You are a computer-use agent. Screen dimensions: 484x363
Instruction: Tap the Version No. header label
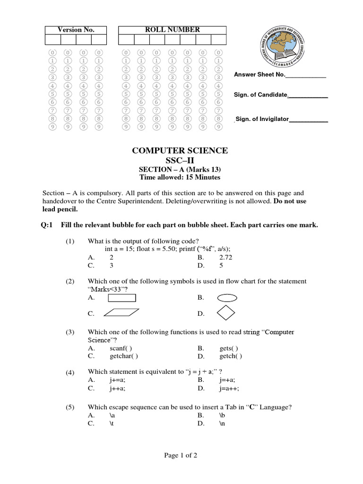[x=76, y=30]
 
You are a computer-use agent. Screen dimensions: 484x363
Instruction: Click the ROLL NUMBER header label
[x=172, y=30]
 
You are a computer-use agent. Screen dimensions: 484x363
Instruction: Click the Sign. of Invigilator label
[x=261, y=119]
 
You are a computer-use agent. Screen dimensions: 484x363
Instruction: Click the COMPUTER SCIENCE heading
[x=180, y=151]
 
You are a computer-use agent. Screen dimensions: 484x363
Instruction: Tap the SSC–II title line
[x=180, y=161]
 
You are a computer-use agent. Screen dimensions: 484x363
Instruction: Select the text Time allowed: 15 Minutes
[x=180, y=178]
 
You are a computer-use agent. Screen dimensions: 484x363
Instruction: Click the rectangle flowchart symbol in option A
[x=122, y=298]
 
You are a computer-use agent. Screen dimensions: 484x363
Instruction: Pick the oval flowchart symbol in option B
[x=227, y=298]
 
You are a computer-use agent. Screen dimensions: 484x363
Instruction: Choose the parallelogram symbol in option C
[x=121, y=312]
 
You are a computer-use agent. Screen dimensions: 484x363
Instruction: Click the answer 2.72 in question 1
[x=226, y=257]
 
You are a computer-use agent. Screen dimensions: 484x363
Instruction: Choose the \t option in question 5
[x=112, y=424]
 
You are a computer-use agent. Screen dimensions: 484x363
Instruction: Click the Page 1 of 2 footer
[x=181, y=456]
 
